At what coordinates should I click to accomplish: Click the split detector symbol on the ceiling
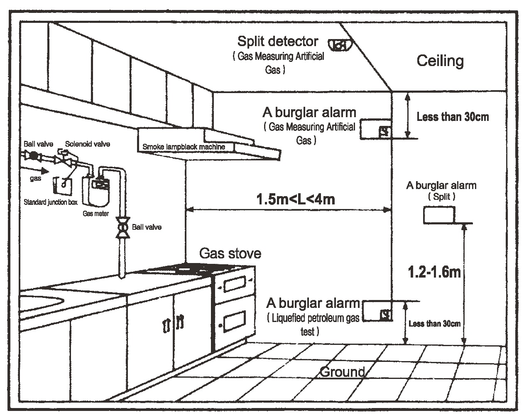tap(340, 44)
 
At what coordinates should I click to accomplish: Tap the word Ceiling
tap(440, 61)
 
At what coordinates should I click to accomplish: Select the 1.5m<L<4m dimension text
tap(296, 199)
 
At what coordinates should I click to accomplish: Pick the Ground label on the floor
tap(342, 371)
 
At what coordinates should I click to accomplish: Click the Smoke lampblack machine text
tap(184, 147)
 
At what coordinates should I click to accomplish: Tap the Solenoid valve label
tap(88, 144)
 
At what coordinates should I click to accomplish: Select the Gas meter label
tap(96, 214)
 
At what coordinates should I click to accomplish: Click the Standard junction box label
tap(51, 203)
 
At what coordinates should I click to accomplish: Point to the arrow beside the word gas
tap(40, 170)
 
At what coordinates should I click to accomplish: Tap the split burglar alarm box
tap(439, 215)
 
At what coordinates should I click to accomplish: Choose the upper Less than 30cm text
tap(453, 117)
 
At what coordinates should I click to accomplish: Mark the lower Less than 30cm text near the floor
tap(434, 324)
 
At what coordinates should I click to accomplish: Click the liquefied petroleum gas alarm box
tap(377, 312)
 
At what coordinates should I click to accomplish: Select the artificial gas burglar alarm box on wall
tap(375, 130)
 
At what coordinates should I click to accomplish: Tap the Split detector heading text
tap(278, 41)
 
